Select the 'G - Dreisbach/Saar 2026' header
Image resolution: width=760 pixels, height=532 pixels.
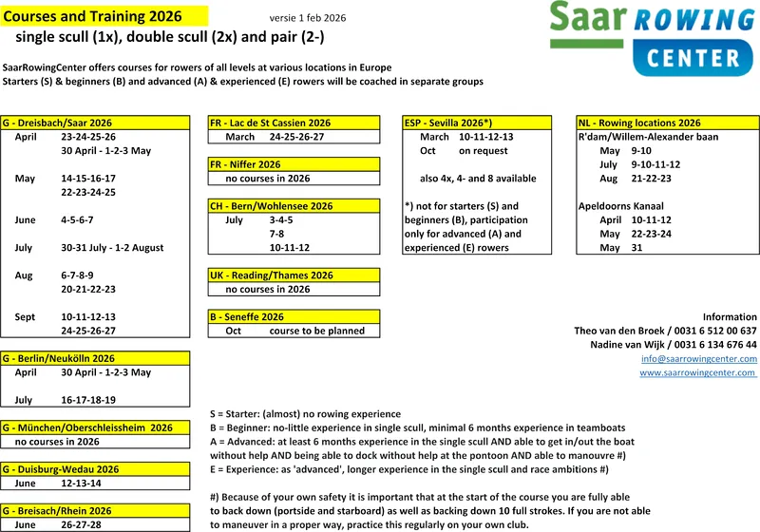point(57,123)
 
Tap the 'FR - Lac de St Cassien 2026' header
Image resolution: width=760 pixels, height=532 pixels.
point(270,123)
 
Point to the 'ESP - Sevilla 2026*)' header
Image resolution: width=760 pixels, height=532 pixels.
point(447,123)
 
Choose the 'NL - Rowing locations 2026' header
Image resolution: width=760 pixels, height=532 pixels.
point(639,123)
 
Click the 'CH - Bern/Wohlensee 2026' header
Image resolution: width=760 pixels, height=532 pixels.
point(271,206)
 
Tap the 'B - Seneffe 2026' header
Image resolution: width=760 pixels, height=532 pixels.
point(247,316)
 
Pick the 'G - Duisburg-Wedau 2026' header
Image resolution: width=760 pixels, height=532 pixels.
point(61,469)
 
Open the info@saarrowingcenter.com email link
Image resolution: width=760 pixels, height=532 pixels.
point(699,359)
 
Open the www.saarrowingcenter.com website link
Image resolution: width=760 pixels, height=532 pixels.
point(698,373)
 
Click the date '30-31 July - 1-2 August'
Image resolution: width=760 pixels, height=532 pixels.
point(112,248)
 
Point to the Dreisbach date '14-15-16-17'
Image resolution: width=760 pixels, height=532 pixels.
point(88,179)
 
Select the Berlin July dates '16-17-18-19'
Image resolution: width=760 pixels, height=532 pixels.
point(88,400)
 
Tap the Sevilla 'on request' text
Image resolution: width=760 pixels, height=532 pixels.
point(484,151)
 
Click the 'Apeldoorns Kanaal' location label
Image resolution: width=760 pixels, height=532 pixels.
point(621,206)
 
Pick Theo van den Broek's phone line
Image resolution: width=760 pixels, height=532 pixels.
point(665,331)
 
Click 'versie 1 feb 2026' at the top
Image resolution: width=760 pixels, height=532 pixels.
point(308,18)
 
